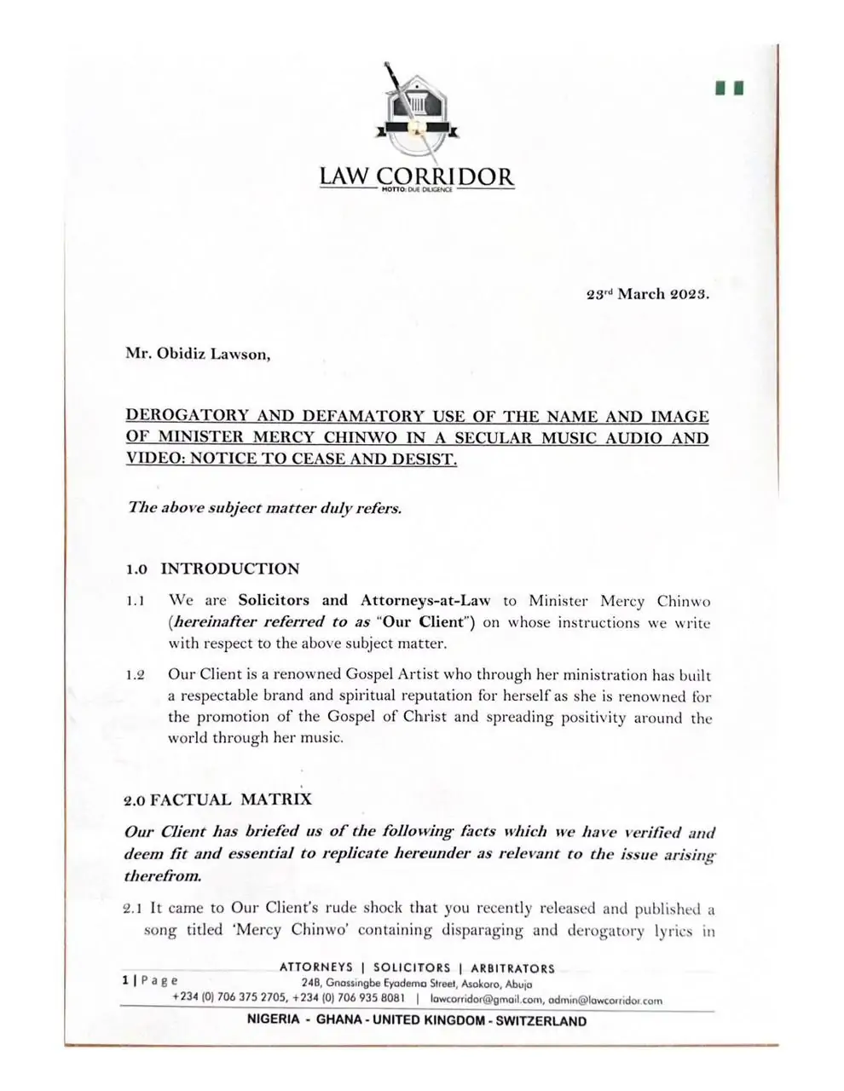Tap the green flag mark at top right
point(731,87)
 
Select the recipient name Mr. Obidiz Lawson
point(198,355)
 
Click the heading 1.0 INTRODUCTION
point(213,569)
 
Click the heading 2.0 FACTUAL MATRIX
point(218,799)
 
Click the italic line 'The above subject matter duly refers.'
point(264,507)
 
